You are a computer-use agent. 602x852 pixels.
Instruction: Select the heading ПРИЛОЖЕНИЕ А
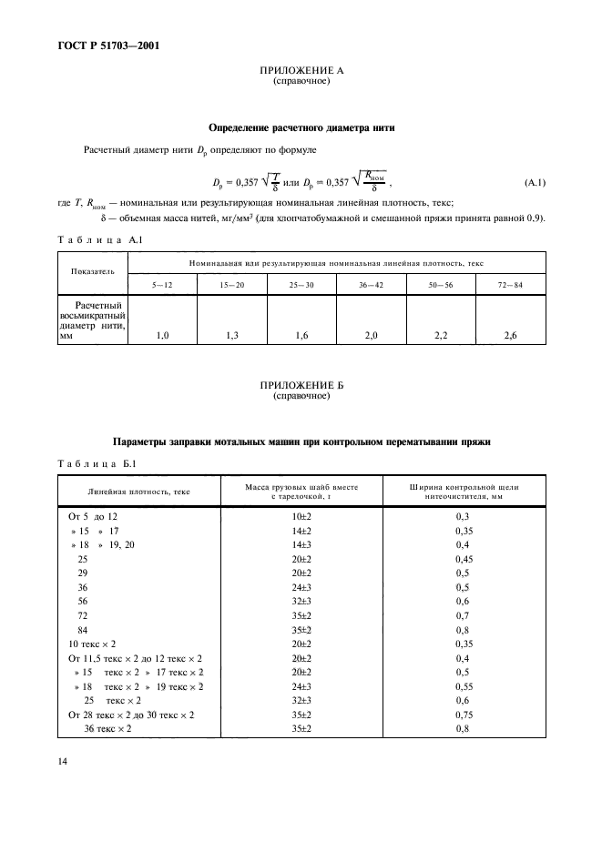pos(301,70)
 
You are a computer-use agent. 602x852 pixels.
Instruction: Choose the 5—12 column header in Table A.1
pos(163,284)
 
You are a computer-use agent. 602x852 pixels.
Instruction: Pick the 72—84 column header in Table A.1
pos(511,284)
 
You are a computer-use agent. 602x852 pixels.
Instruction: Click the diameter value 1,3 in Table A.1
pos(232,336)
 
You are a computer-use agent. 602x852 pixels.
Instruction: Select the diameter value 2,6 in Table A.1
pos(511,336)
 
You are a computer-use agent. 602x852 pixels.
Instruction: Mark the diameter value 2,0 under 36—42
pos(371,336)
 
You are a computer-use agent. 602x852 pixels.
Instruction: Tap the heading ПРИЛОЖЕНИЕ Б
pos(301,386)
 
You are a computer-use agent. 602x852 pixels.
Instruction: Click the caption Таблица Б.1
pos(97,463)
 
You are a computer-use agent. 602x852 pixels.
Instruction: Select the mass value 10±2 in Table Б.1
pos(301,516)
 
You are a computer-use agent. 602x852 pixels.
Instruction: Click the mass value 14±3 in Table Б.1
pos(301,543)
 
